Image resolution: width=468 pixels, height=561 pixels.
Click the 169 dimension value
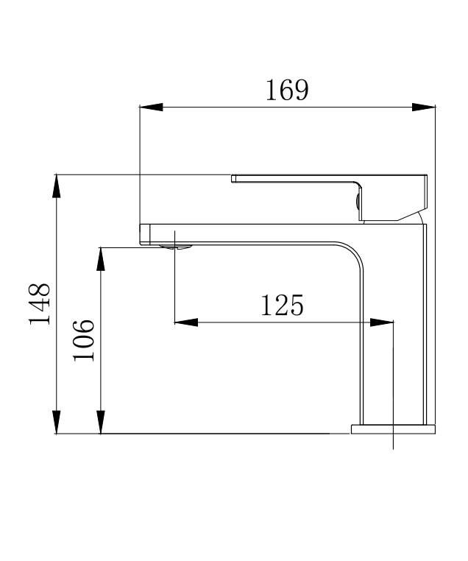tap(287, 90)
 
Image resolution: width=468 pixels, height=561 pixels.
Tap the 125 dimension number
tap(282, 306)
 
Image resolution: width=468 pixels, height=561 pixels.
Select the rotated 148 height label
tap(40, 304)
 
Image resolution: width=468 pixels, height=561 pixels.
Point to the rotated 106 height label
tap(84, 340)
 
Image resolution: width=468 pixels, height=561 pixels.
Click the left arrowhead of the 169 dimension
tap(151, 107)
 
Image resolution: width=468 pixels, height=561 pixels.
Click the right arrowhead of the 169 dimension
tap(424, 107)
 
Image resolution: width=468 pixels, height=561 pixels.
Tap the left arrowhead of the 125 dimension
tap(186, 322)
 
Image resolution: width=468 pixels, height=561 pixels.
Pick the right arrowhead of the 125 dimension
tap(381, 322)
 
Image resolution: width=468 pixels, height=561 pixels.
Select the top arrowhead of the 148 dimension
tap(57, 186)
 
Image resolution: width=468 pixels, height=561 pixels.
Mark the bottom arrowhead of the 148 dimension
tap(57, 422)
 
